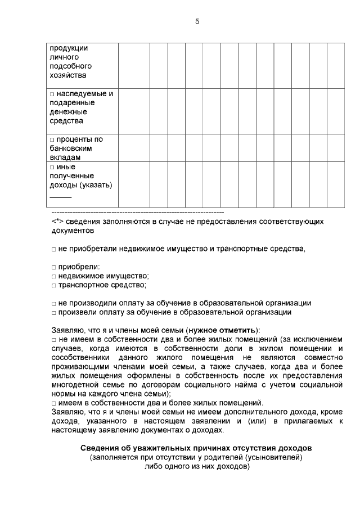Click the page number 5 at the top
197,21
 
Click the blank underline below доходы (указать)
61,197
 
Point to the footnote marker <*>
56,222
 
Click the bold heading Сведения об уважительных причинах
196,448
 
